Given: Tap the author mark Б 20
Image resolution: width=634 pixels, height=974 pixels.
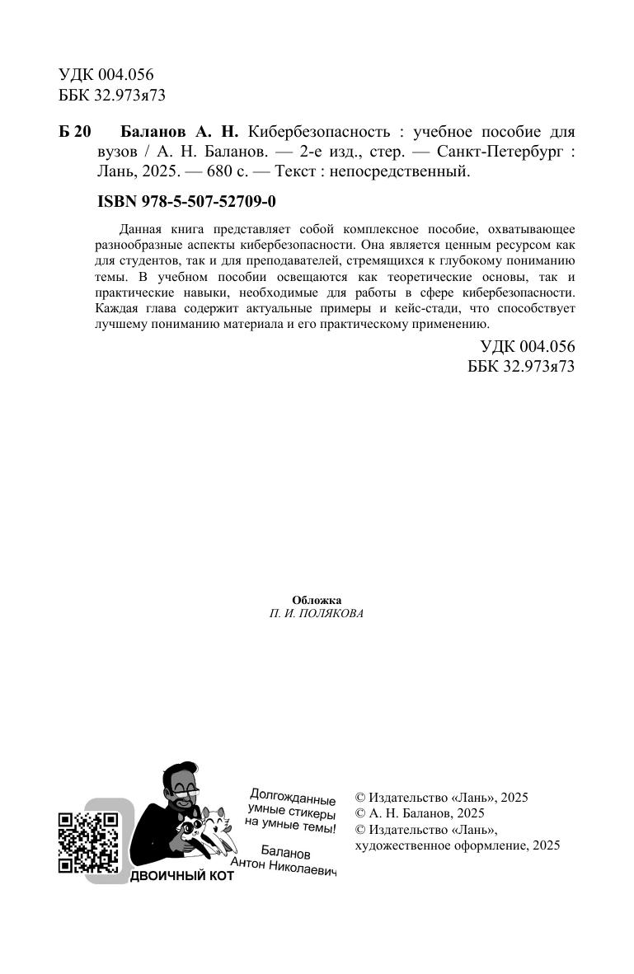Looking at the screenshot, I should (x=75, y=133).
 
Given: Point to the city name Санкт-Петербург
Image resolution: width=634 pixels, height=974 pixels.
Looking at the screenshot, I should (x=496, y=152).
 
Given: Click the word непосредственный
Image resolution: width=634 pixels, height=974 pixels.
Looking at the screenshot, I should (x=410, y=172).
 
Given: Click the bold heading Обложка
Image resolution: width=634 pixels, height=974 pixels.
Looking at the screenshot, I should (x=317, y=600).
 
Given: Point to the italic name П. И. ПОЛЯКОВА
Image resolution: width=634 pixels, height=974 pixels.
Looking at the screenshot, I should (x=317, y=614).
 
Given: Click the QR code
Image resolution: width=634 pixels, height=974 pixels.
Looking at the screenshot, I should (x=87, y=842).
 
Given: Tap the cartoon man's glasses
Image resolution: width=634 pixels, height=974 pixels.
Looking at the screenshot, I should (x=186, y=788).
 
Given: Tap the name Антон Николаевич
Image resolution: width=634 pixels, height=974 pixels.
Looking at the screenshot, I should (x=284, y=865).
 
